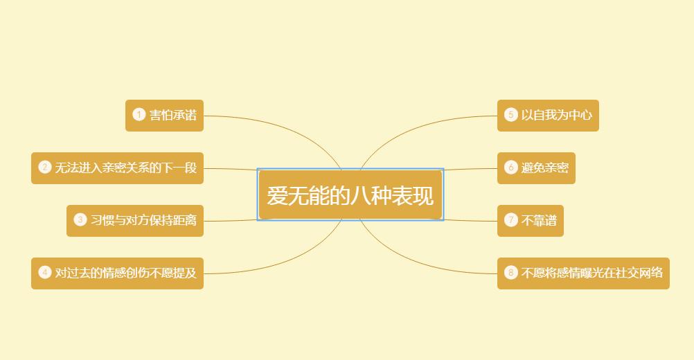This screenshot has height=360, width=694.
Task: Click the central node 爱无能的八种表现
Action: [350, 195]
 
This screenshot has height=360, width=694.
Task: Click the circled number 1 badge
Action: [139, 115]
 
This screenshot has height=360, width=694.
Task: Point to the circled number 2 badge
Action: [45, 168]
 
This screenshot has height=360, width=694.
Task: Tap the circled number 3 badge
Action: [80, 220]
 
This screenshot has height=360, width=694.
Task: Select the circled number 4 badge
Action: [45, 273]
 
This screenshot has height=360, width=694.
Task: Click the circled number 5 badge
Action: [511, 115]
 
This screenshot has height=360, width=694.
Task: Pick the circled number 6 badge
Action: [511, 168]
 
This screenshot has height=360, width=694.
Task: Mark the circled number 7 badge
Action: [511, 220]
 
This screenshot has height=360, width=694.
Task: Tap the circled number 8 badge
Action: [511, 273]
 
